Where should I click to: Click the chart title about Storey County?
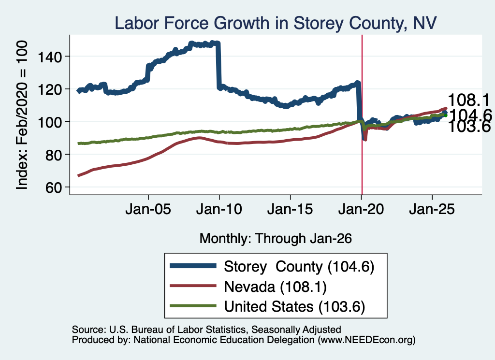[x=276, y=23]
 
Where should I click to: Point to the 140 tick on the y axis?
[x=49, y=57]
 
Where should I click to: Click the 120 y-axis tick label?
[x=49, y=89]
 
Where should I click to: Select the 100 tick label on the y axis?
[x=49, y=122]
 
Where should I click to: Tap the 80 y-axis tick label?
[x=53, y=155]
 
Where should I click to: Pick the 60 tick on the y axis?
[x=53, y=187]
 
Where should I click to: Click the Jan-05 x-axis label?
[x=148, y=209]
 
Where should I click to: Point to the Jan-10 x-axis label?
[x=219, y=209]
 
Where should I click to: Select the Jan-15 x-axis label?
[x=290, y=209]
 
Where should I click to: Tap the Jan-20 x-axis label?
[x=361, y=209]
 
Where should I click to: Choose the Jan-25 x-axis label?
[x=432, y=209]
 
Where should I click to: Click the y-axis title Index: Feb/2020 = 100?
[x=22, y=115]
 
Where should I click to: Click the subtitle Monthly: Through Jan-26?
[x=276, y=239]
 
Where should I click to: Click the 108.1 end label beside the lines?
[x=469, y=101]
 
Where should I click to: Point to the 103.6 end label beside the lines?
[x=469, y=127]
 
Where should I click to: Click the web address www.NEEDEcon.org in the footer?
[x=366, y=340]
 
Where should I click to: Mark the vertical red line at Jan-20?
[x=362, y=115]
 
